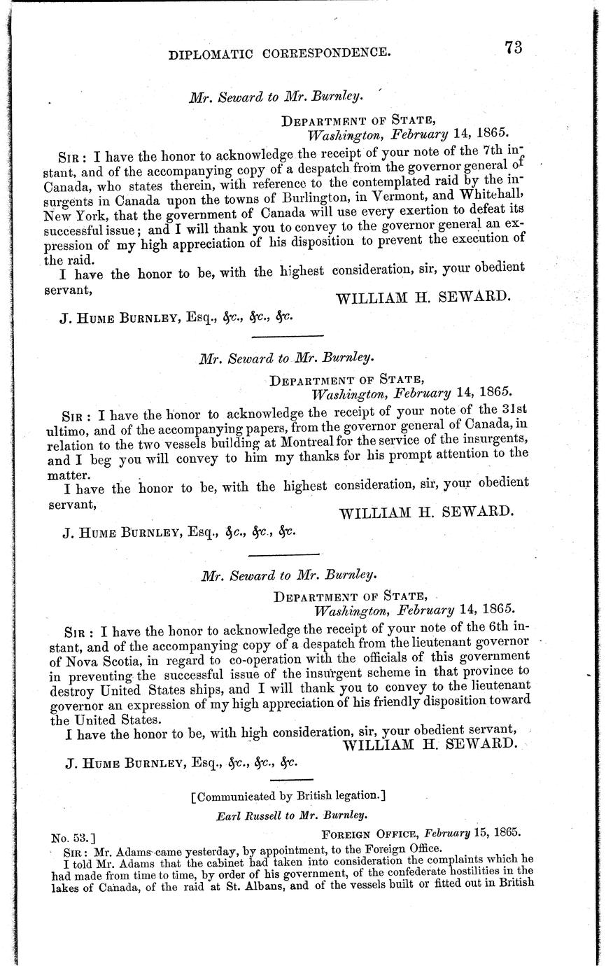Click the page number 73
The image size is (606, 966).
512,47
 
